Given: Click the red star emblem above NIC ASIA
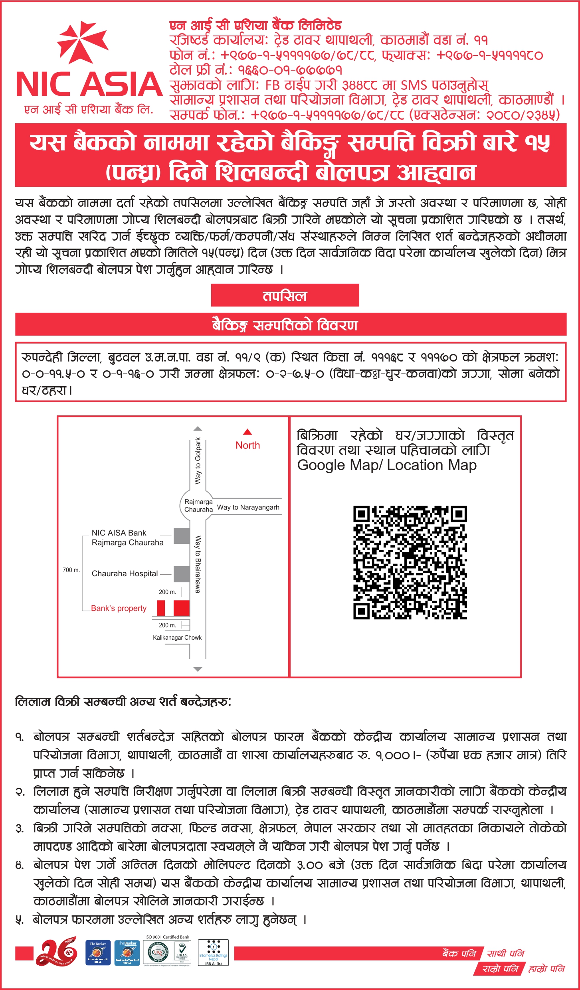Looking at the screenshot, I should pyautogui.click(x=83, y=42).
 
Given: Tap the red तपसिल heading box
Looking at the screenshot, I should pyautogui.click(x=285, y=295).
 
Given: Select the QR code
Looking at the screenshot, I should pyautogui.click(x=410, y=563).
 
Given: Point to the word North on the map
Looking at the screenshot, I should pyautogui.click(x=247, y=445).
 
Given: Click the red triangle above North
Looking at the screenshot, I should pyautogui.click(x=247, y=432).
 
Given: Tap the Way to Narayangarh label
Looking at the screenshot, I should pyautogui.click(x=248, y=507).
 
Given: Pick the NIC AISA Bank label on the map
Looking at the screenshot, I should pyautogui.click(x=119, y=533).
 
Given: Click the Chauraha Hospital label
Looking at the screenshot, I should pyautogui.click(x=125, y=573).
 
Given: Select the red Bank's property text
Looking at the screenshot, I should pyautogui.click(x=119, y=608).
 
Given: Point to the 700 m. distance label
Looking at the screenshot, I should pyautogui.click(x=71, y=570).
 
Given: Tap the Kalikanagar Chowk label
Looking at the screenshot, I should pyautogui.click(x=177, y=638).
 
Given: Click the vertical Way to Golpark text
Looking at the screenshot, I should pyautogui.click(x=198, y=461).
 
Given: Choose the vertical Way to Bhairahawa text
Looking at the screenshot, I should pyautogui.click(x=198, y=564).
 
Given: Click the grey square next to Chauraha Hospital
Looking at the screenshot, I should pyautogui.click(x=182, y=574).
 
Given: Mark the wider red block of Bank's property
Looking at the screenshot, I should pyautogui.click(x=182, y=608).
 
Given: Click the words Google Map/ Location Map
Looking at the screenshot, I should pyautogui.click(x=387, y=465).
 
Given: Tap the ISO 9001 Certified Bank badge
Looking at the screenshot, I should pyautogui.click(x=167, y=951).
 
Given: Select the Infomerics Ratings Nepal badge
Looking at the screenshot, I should pyautogui.click(x=213, y=952).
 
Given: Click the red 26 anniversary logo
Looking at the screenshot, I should pyautogui.click(x=57, y=951).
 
